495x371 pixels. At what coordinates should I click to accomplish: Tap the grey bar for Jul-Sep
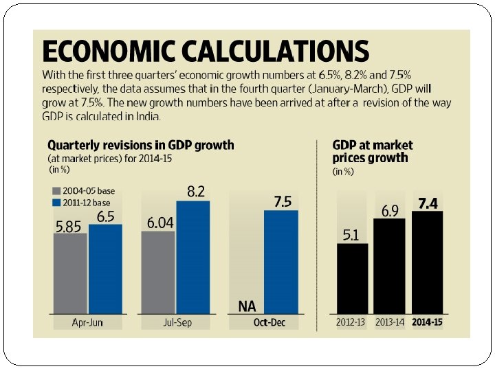[x=158, y=273]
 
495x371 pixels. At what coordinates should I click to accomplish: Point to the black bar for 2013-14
[x=388, y=267]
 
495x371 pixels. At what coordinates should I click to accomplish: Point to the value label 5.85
[x=69, y=226]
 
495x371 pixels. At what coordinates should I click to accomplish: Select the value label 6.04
[x=157, y=223]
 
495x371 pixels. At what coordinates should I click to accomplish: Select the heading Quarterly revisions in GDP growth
[x=140, y=146]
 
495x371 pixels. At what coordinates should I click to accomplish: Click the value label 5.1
[x=351, y=235]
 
